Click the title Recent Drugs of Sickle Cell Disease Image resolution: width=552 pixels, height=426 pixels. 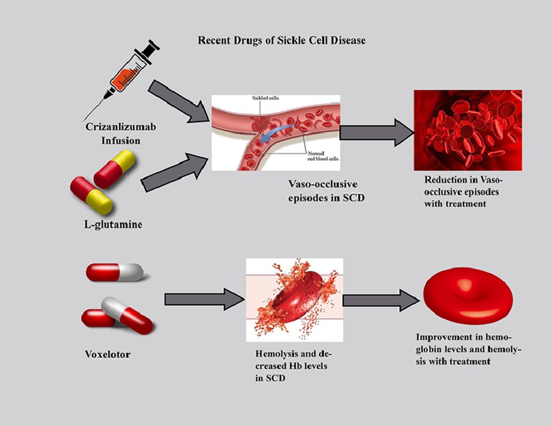pyautogui.click(x=282, y=40)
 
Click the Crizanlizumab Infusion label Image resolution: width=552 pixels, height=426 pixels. pyautogui.click(x=120, y=134)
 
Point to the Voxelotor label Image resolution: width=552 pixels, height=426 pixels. pyautogui.click(x=108, y=353)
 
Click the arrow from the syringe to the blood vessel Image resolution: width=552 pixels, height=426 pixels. pyautogui.click(x=179, y=102)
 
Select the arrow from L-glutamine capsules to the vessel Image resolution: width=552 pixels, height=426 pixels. pyautogui.click(x=174, y=172)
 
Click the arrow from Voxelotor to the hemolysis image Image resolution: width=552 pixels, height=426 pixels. pyautogui.click(x=204, y=300)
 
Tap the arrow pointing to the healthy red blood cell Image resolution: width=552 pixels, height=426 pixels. pyautogui.click(x=381, y=300)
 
